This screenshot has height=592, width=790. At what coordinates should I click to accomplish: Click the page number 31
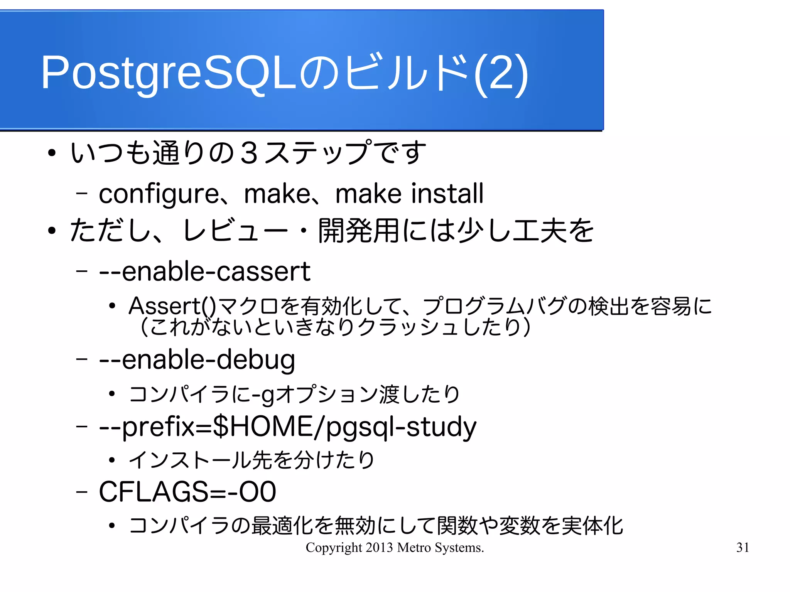point(743,547)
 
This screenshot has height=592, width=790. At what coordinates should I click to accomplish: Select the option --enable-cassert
point(204,272)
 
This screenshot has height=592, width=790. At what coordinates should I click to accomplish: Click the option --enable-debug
point(197,360)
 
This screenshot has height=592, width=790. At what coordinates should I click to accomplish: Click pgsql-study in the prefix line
point(401,427)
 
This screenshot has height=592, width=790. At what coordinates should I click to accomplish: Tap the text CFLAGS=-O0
point(187,492)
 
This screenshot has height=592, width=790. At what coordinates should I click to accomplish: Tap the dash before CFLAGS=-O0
point(81,492)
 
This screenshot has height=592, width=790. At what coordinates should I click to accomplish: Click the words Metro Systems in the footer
point(440,547)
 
